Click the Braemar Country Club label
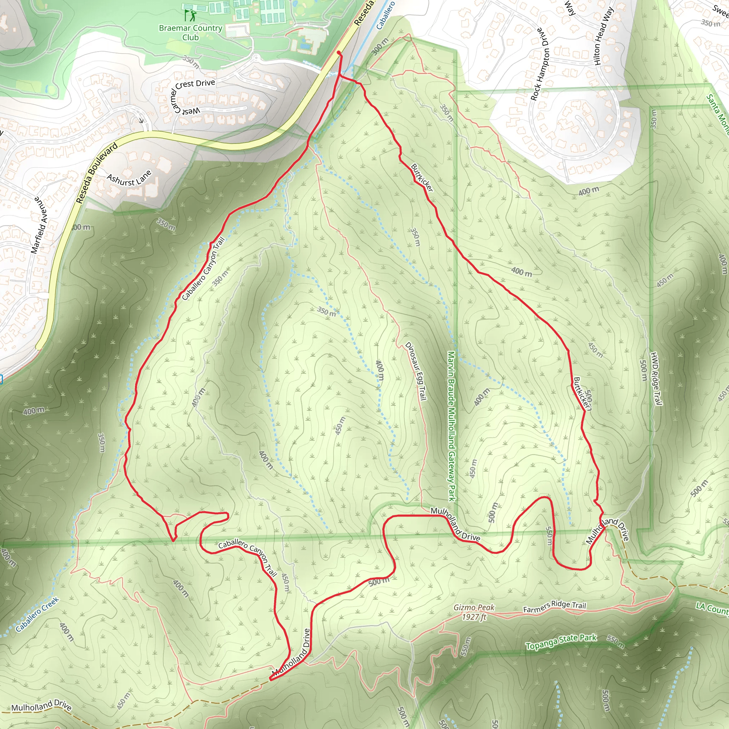pyautogui.click(x=190, y=32)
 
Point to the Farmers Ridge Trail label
pyautogui.click(x=554, y=606)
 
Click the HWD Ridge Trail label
pyautogui.click(x=656, y=378)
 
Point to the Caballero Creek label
pyautogui.click(x=37, y=614)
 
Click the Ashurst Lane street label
pyautogui.click(x=129, y=178)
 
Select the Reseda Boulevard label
pyautogui.click(x=96, y=173)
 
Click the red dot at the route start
pyautogui.click(x=339, y=52)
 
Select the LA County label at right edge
pyautogui.click(x=712, y=608)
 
